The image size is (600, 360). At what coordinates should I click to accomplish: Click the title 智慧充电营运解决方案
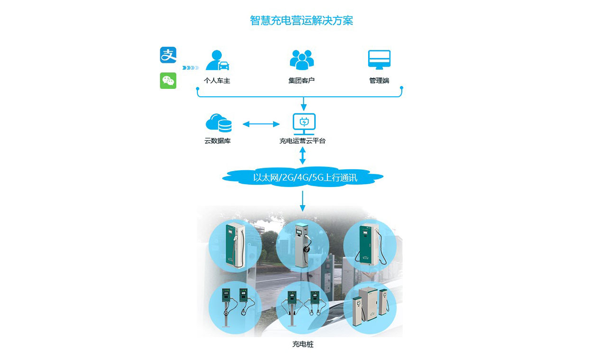301,21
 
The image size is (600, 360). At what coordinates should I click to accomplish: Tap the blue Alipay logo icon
168,55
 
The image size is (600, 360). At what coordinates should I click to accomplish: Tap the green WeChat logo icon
168,81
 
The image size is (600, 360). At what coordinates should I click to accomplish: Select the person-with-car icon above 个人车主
217,60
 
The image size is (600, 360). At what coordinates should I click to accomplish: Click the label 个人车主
217,81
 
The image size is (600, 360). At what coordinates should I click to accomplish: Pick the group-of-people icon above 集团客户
302,60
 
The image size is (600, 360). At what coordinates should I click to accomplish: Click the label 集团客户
302,81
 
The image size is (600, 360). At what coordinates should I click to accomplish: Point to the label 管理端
379,81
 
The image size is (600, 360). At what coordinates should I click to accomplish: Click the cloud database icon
218,123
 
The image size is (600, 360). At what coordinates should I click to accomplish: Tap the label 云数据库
218,141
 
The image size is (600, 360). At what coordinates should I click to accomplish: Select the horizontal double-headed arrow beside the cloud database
261,124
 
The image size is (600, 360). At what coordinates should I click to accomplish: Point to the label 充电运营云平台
303,141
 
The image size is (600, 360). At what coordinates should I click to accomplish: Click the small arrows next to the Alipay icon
190,67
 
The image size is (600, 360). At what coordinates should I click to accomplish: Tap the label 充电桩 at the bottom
303,344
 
